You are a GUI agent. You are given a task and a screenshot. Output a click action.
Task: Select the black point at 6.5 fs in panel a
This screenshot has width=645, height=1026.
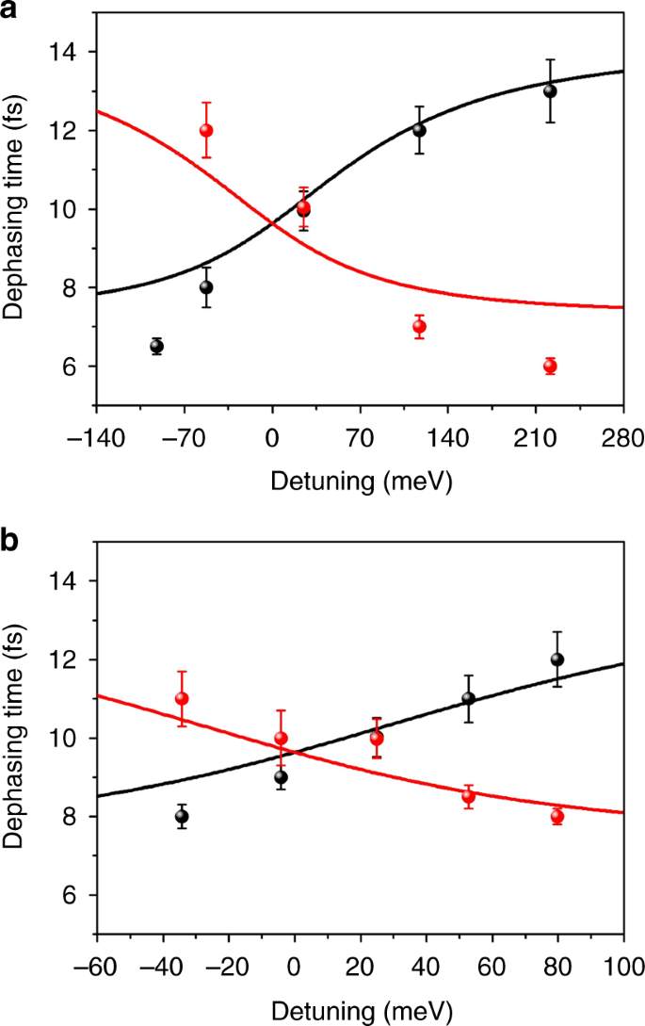coord(157,346)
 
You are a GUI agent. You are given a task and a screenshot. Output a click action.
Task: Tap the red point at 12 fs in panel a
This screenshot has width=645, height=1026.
coord(206,130)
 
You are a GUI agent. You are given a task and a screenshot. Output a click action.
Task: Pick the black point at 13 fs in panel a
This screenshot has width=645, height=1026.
coord(550,91)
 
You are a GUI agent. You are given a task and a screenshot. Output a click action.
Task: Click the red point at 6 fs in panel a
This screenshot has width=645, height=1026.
coord(550,366)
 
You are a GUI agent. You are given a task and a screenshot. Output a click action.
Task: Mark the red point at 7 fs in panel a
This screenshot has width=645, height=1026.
coord(419,327)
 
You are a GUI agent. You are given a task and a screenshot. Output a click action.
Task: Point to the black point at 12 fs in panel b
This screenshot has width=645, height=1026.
coord(557,660)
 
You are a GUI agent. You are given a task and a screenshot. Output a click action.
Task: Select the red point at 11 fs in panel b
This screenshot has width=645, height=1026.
coord(182,698)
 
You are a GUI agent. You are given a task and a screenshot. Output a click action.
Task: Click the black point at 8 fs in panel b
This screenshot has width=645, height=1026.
coord(182,817)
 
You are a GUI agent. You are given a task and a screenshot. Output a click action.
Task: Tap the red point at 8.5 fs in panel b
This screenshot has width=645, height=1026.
coord(468,796)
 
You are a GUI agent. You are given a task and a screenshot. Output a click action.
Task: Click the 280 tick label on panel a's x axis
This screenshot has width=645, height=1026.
coord(622,438)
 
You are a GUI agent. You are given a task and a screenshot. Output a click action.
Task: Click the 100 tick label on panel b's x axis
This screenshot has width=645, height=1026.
coord(622,968)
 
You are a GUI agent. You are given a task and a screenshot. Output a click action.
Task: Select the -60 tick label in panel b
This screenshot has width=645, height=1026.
coord(96,968)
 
